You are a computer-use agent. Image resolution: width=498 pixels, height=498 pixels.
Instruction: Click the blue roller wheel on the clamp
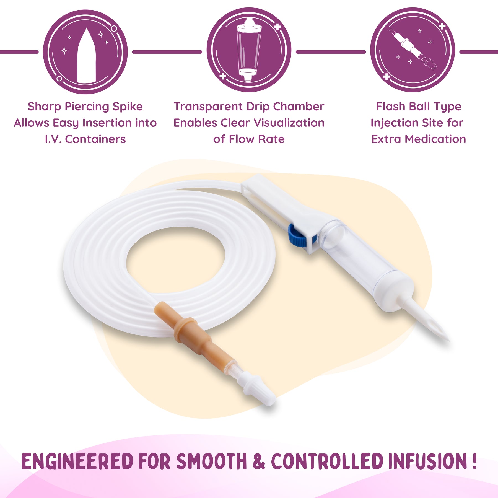point(297,235)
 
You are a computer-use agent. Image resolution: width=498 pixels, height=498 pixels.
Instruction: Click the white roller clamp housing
point(285,210)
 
